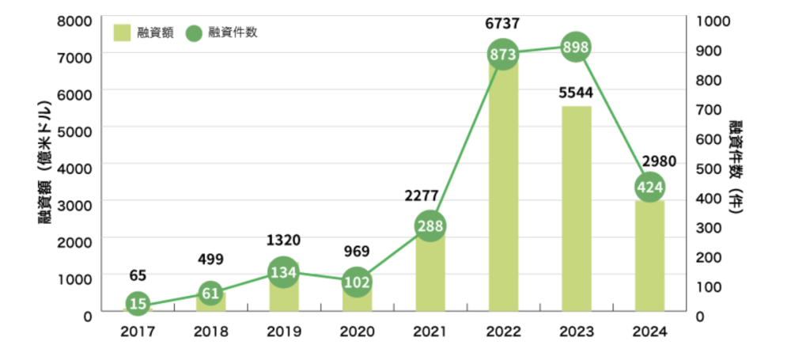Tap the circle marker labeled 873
click(x=503, y=55)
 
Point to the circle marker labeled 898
click(x=576, y=47)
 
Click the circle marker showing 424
click(x=649, y=188)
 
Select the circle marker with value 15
click(x=138, y=304)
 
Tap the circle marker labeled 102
click(x=357, y=282)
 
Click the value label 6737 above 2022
click(x=503, y=23)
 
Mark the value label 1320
click(x=283, y=241)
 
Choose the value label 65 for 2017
click(x=138, y=276)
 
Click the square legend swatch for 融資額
click(x=122, y=33)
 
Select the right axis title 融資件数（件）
click(x=738, y=167)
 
